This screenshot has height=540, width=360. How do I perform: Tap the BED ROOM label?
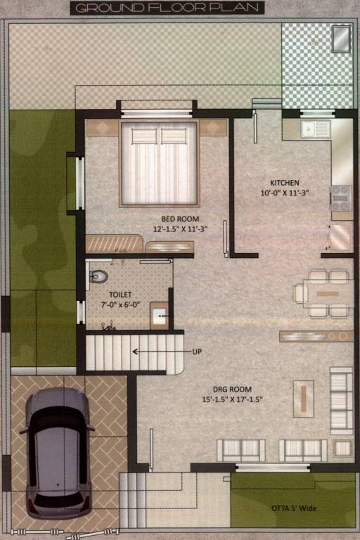[x=180, y=219]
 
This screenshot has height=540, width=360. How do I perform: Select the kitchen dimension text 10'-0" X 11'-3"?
[x=285, y=192]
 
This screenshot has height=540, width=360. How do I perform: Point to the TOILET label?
[x=120, y=295]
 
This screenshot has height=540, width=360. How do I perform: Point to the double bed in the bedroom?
[x=159, y=164]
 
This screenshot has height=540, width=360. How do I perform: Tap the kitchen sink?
[x=315, y=129]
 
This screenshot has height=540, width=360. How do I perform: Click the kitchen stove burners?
[x=341, y=198]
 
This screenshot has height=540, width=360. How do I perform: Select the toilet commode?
[x=98, y=276]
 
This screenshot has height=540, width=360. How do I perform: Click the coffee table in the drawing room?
[x=305, y=398]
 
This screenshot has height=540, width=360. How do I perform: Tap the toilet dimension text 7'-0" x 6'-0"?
[x=120, y=305]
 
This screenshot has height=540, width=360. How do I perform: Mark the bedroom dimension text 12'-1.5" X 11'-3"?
[x=180, y=229]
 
